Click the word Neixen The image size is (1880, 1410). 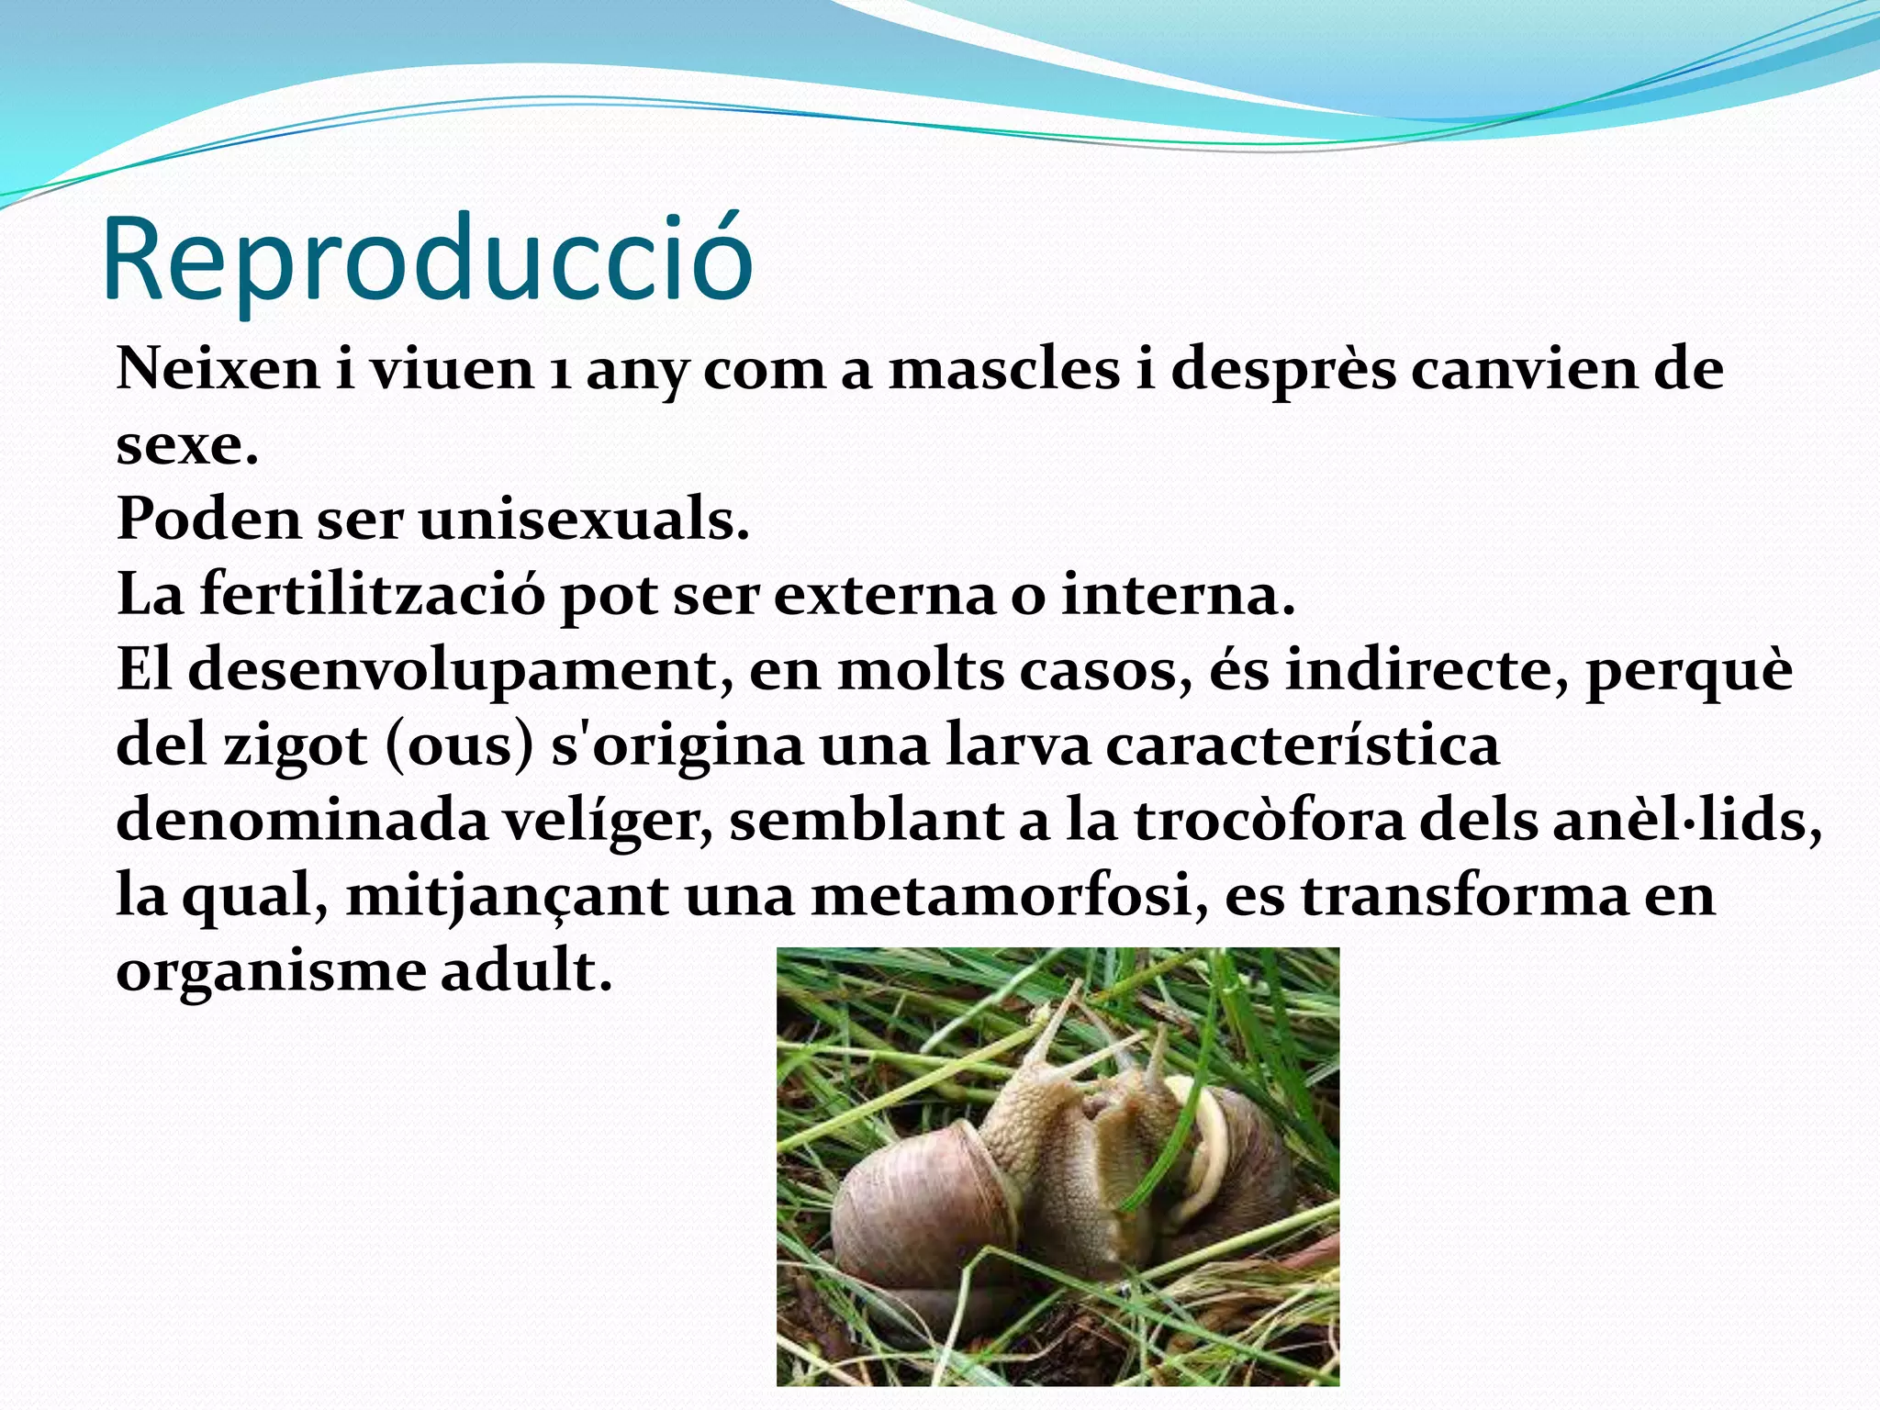[218, 370]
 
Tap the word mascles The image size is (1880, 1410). [1004, 370]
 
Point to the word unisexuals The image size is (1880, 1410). [584, 520]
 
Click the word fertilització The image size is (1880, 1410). [372, 596]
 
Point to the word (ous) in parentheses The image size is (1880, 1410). [459, 746]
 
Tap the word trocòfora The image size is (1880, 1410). [1270, 820]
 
